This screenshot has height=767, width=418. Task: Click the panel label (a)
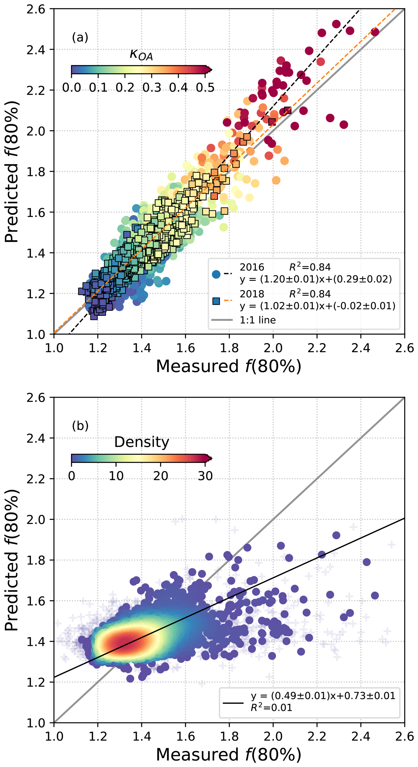[x=80, y=38]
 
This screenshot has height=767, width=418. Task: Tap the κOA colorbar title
[x=141, y=55]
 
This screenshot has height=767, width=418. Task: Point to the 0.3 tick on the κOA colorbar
[x=152, y=87]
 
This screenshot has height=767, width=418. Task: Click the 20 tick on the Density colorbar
[x=161, y=475]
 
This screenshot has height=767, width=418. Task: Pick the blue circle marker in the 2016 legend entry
[x=216, y=274]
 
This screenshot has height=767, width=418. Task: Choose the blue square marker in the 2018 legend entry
[x=216, y=301]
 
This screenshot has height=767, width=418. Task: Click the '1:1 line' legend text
[x=258, y=320]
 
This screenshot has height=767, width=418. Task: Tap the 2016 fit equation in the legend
[x=315, y=279]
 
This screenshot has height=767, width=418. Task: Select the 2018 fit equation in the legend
[x=317, y=306]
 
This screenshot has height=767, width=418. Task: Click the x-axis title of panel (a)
[x=228, y=366]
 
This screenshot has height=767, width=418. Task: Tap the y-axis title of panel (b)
[x=12, y=560]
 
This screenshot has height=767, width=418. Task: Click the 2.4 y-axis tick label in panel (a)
[x=36, y=50]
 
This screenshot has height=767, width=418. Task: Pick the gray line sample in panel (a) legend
[x=222, y=320]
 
